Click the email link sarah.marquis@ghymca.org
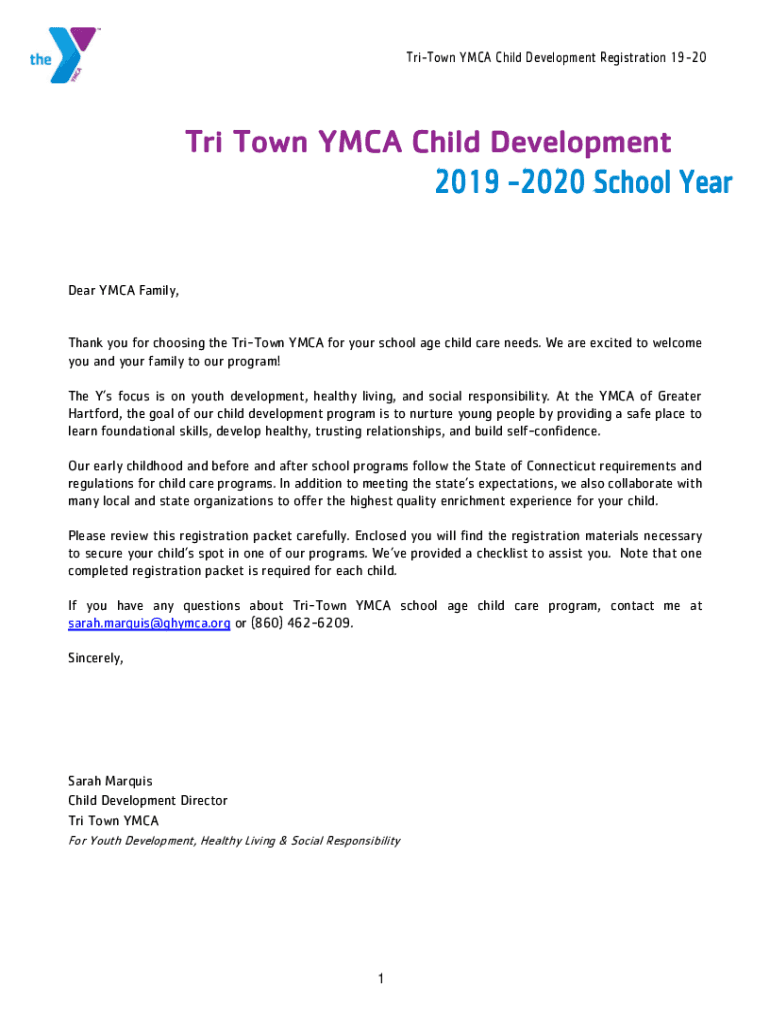point(149,623)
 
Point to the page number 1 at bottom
point(381,978)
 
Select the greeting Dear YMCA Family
point(124,291)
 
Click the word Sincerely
point(96,658)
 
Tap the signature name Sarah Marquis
point(110,781)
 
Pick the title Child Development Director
point(147,801)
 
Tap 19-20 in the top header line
point(689,58)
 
